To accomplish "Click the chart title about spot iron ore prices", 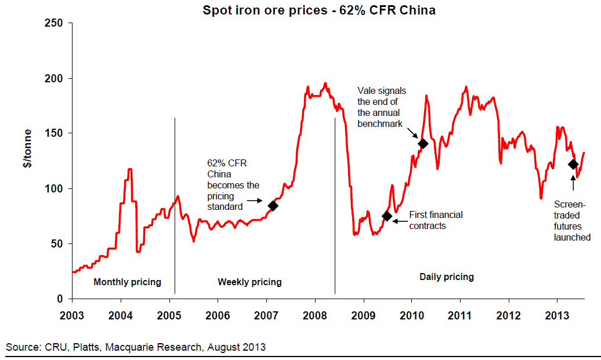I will tap(318, 10).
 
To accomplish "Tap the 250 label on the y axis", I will tap(56, 23).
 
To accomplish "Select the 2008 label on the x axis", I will tap(314, 317).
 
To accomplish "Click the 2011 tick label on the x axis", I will tap(460, 317).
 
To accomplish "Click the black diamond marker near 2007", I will tap(273, 205).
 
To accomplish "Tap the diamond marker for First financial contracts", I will tap(387, 216).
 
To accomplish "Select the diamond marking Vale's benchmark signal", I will tap(423, 144).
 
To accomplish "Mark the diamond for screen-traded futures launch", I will tap(573, 165).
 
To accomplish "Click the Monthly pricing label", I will tap(128, 282).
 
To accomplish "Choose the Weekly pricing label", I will tap(249, 282).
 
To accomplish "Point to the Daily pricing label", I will tap(446, 277).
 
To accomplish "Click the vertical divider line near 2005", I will tap(175, 203).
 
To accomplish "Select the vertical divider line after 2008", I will tap(335, 203).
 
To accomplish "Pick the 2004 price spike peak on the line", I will tap(130, 169).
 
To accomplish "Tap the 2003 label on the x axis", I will tap(72, 317).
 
